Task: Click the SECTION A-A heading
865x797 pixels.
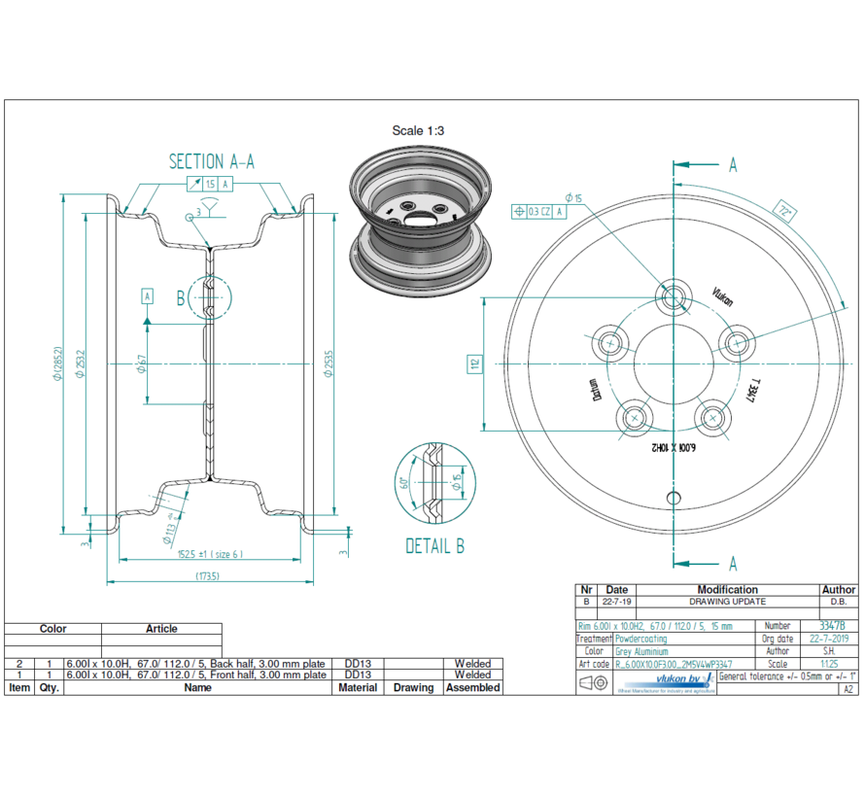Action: pyautogui.click(x=212, y=161)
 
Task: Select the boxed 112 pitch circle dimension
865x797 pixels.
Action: pyautogui.click(x=474, y=364)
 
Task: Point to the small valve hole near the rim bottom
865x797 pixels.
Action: pyautogui.click(x=673, y=498)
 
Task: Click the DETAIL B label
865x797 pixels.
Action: pyautogui.click(x=434, y=546)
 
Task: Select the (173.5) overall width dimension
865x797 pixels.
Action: pyautogui.click(x=207, y=576)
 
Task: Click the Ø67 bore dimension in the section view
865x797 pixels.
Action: pyautogui.click(x=142, y=364)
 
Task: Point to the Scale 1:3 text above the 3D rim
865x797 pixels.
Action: pyautogui.click(x=418, y=130)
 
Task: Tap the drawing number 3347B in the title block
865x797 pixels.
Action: pyautogui.click(x=832, y=627)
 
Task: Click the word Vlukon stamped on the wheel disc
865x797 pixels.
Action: pyautogui.click(x=722, y=296)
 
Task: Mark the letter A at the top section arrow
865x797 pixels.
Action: pyautogui.click(x=733, y=165)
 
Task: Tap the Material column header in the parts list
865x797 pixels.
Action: pyautogui.click(x=357, y=687)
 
